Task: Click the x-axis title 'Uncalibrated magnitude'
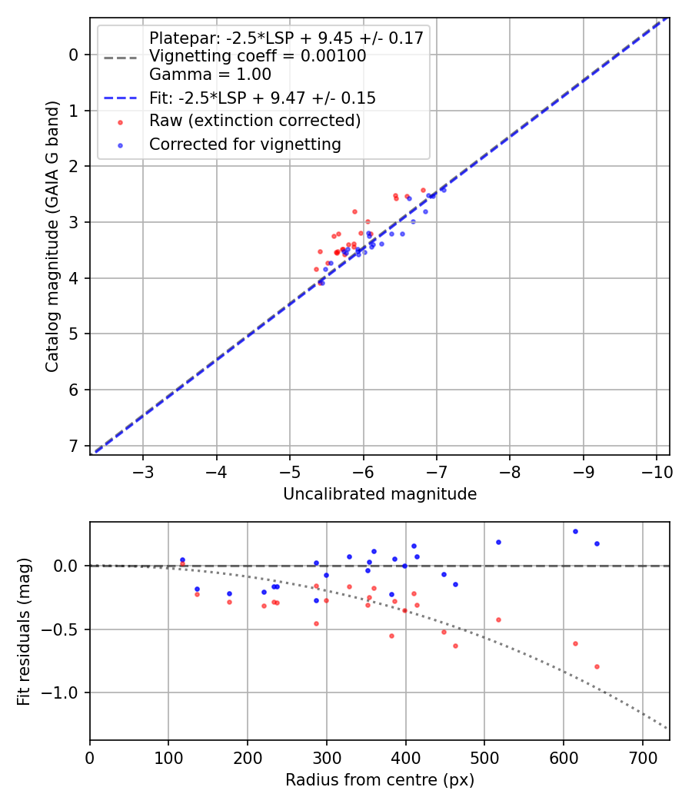(380, 494)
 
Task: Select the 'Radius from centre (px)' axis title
(380, 780)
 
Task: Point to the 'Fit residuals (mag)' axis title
(24, 631)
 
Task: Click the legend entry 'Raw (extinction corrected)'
(255, 121)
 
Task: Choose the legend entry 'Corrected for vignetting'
(245, 144)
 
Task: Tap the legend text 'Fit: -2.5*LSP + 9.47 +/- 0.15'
(262, 98)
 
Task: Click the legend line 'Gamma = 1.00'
(210, 75)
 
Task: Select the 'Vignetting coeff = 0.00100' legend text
(258, 56)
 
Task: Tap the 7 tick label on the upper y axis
(74, 446)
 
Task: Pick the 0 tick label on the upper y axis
(74, 55)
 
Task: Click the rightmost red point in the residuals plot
(597, 666)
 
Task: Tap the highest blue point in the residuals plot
(575, 531)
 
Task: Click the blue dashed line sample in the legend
(119, 98)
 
